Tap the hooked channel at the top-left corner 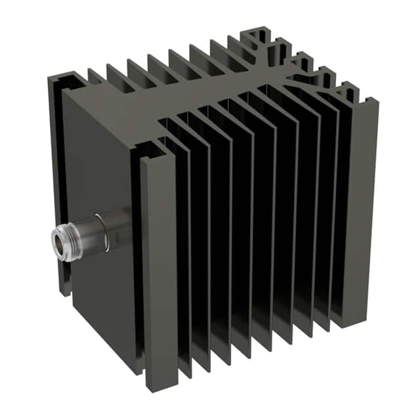coord(66,82)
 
